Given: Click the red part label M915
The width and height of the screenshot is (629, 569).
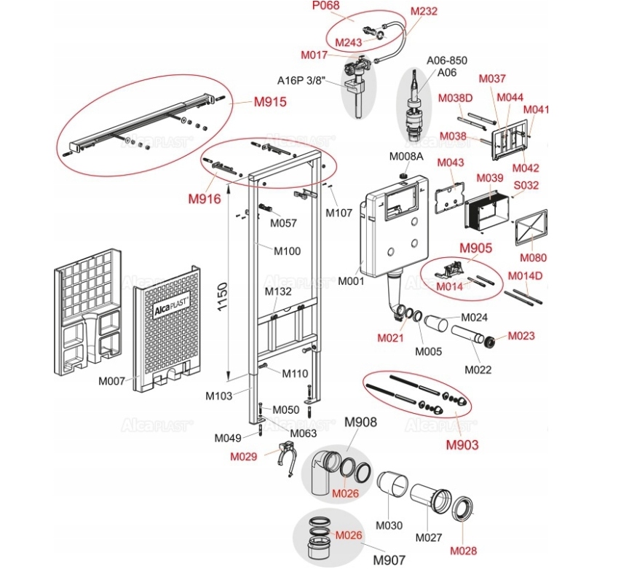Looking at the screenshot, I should click(x=269, y=103).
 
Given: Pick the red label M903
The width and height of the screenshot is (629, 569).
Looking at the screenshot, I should click(x=462, y=444).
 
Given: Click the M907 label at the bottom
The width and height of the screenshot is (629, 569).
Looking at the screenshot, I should click(x=389, y=560).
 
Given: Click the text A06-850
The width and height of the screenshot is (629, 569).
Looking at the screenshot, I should click(x=446, y=60).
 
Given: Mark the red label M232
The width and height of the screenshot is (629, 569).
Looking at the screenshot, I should click(x=424, y=12).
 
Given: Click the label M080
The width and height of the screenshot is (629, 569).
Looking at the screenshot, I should click(x=533, y=258).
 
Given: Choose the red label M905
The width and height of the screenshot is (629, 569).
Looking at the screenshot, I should click(x=475, y=248).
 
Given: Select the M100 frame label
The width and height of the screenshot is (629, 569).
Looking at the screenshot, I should click(x=287, y=251).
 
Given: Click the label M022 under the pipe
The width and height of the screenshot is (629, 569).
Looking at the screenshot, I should click(x=478, y=369).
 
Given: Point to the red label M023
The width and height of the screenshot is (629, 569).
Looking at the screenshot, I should click(x=521, y=336).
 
